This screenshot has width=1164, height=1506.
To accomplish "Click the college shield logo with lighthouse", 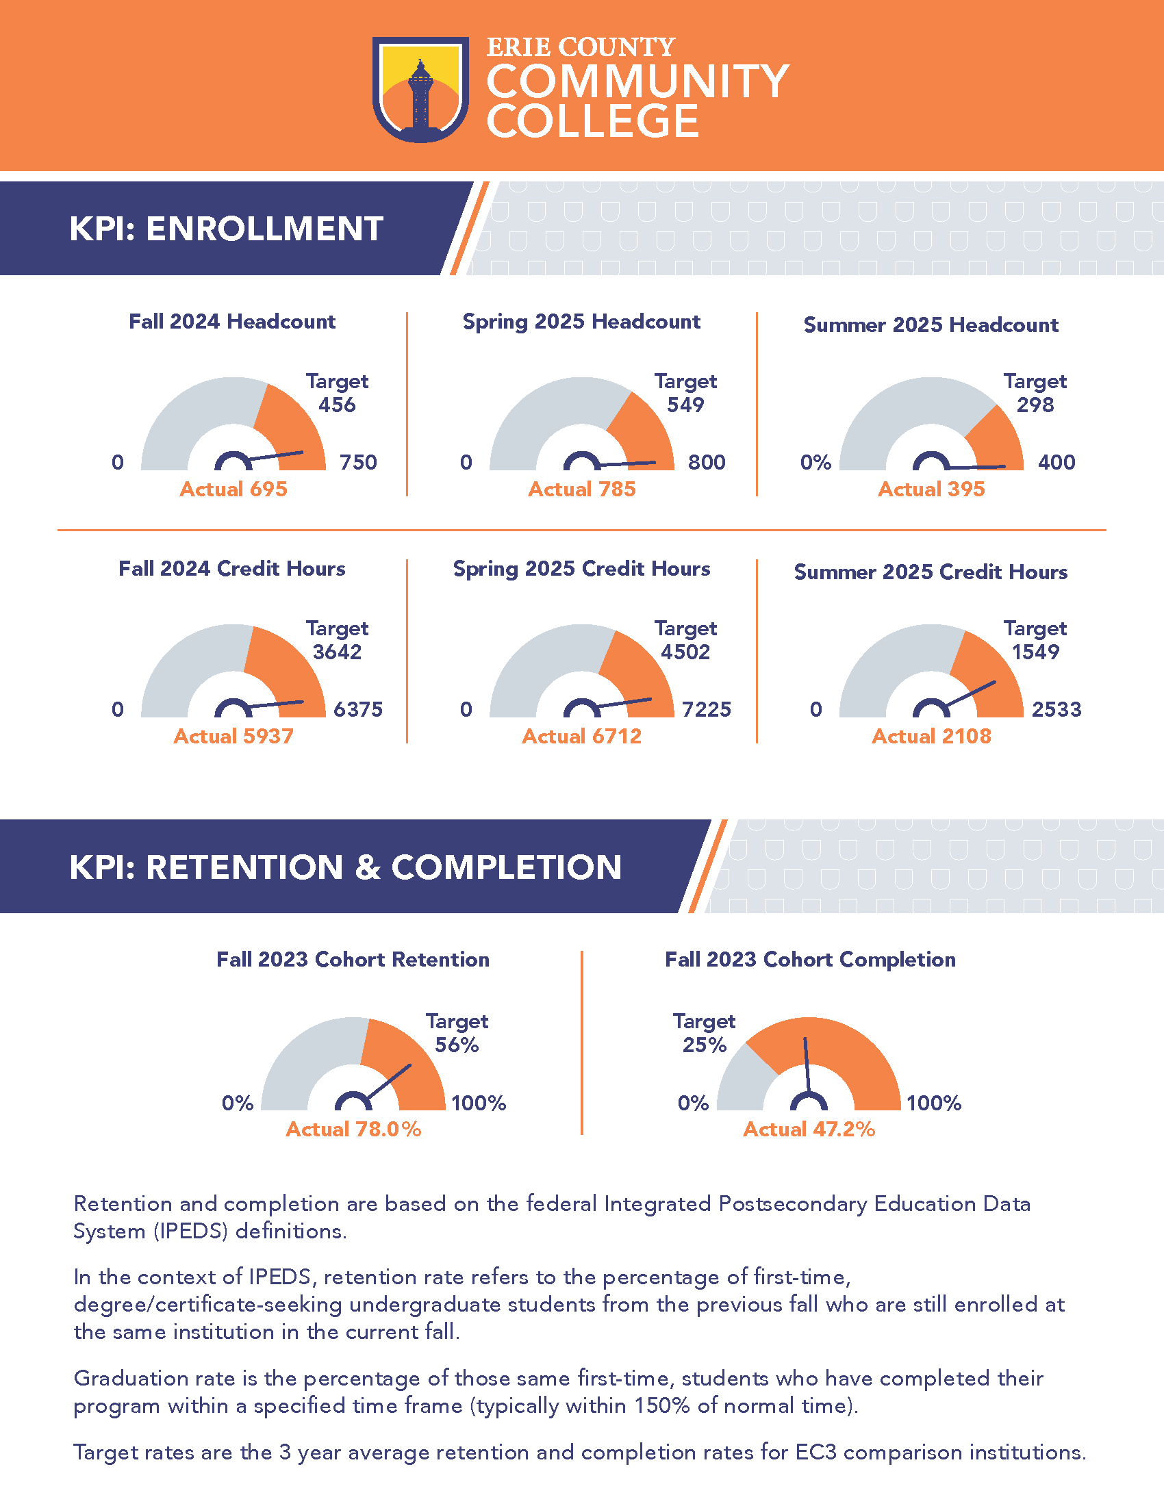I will click(x=420, y=90).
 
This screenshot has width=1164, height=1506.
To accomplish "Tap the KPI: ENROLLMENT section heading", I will click(x=225, y=229).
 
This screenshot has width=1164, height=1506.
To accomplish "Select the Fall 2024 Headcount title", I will click(x=231, y=322).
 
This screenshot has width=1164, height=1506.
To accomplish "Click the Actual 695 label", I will click(x=233, y=489).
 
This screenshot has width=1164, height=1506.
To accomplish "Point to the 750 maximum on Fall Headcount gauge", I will click(x=358, y=463).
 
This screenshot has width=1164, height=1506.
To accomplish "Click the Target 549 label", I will click(x=685, y=393).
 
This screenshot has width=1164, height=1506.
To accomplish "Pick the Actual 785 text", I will click(x=581, y=489).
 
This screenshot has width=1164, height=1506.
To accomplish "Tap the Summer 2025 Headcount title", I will click(x=931, y=324).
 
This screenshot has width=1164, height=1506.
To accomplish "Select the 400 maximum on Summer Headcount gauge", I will click(x=1057, y=463).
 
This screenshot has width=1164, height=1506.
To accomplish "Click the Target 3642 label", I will click(x=337, y=640).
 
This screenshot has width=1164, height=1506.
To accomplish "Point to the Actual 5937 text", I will click(x=233, y=737).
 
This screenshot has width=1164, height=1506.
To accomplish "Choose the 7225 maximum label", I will click(x=706, y=710).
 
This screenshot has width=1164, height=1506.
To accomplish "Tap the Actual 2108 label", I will click(x=931, y=737).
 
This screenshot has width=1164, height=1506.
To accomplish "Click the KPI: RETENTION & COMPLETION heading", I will click(x=345, y=867).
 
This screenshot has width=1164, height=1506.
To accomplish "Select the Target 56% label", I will click(x=457, y=1033).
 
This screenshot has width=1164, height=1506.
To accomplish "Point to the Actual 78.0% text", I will click(x=353, y=1129).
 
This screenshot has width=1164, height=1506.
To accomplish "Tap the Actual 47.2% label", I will click(x=808, y=1129).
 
